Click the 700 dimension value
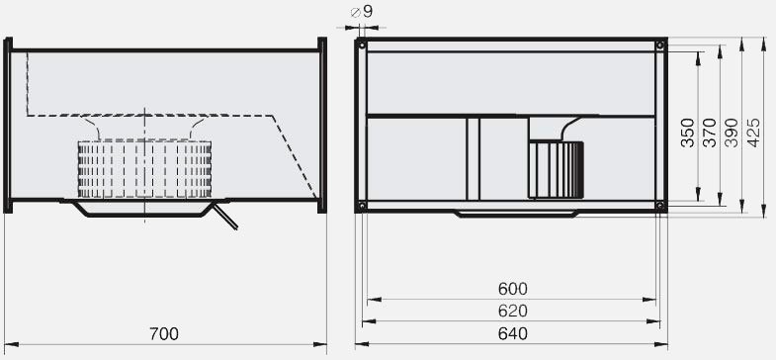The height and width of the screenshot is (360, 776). pos(164,334)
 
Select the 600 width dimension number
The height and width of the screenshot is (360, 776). pos(513,289)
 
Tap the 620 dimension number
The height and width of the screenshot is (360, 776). pos(513,311)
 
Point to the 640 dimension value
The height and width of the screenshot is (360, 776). pos(513,333)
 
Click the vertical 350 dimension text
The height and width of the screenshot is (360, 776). pos(688,133)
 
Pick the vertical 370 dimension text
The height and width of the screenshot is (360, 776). pos(710,133)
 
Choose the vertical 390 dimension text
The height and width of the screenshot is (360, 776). pos(732,133)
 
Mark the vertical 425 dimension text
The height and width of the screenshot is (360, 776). pos(753,133)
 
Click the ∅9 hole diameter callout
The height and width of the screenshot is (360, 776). pos(361,12)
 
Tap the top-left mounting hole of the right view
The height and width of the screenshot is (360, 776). pos(362,45)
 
